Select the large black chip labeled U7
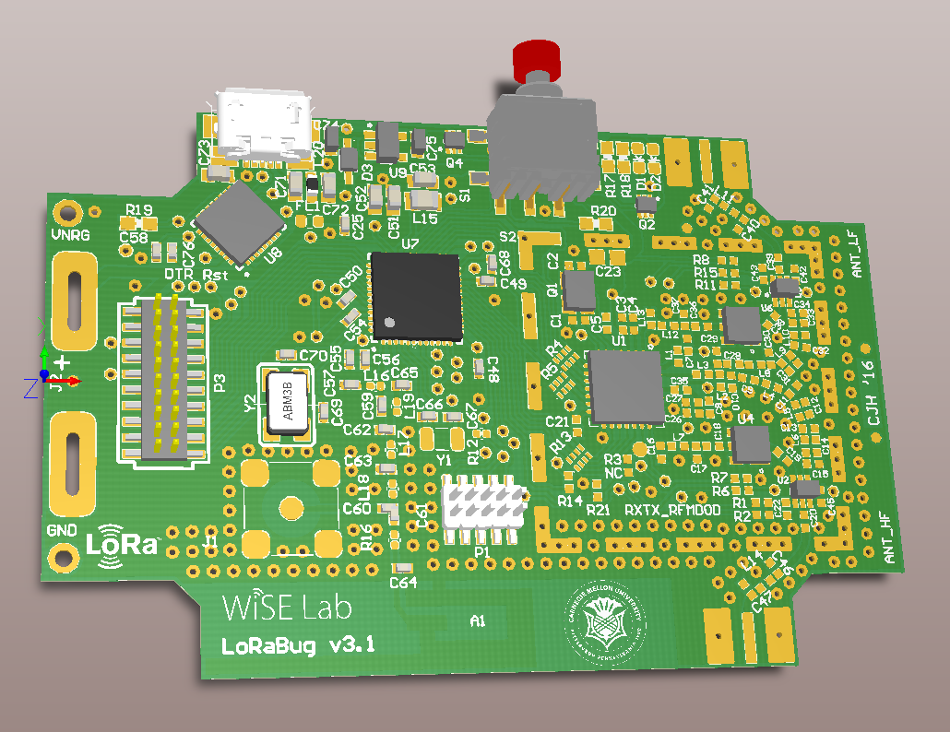point(415,295)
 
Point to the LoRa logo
point(124,542)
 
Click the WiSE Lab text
point(286,608)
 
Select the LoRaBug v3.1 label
point(297,645)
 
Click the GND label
point(62,532)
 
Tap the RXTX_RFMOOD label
point(671,510)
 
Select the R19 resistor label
point(138,210)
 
